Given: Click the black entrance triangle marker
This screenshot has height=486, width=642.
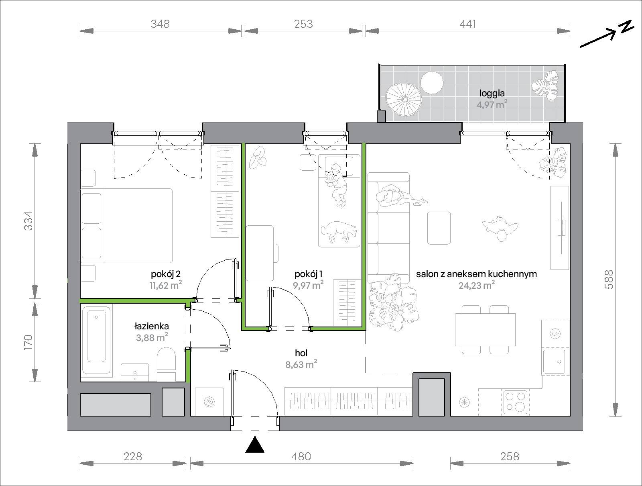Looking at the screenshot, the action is tap(255, 445).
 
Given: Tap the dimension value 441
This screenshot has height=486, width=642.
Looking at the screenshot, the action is tap(467, 24).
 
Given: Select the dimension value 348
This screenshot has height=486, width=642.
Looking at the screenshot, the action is tap(160, 24).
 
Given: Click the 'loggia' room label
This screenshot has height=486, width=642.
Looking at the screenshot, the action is tap(492, 93).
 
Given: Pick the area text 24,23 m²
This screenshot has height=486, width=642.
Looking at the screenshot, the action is tap(476, 285).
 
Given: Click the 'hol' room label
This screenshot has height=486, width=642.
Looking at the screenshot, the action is tap(301, 353).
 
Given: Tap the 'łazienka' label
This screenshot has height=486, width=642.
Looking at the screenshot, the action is tap(152, 326).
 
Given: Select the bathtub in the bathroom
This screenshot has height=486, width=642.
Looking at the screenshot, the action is tap(97, 340).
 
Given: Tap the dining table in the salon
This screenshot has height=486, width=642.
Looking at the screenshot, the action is tap(485, 330).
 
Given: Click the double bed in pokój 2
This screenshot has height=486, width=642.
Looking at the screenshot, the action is tap(126, 225).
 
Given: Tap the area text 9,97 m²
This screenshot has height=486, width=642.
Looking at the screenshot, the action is tap(308, 285).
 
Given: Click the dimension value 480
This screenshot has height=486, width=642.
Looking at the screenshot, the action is tap(301, 456).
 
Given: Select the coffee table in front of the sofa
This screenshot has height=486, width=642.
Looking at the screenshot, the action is tap(439, 228).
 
